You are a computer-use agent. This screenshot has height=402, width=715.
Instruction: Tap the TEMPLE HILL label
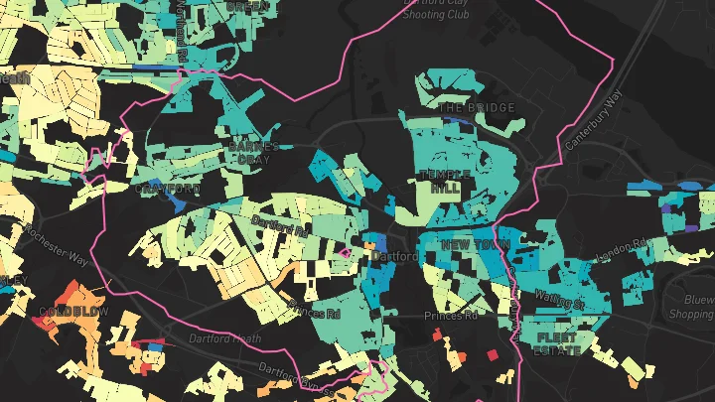click(440, 180)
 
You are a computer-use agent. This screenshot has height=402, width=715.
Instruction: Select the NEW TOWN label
click(476, 243)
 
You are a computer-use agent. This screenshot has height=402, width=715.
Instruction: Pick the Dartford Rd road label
click(282, 225)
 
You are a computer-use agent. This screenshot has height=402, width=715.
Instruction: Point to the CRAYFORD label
click(169, 188)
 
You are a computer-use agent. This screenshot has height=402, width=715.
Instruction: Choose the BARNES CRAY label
click(249, 152)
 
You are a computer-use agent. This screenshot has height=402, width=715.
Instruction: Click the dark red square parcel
click(492, 353)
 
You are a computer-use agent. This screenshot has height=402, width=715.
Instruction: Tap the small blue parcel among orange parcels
click(151, 348)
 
